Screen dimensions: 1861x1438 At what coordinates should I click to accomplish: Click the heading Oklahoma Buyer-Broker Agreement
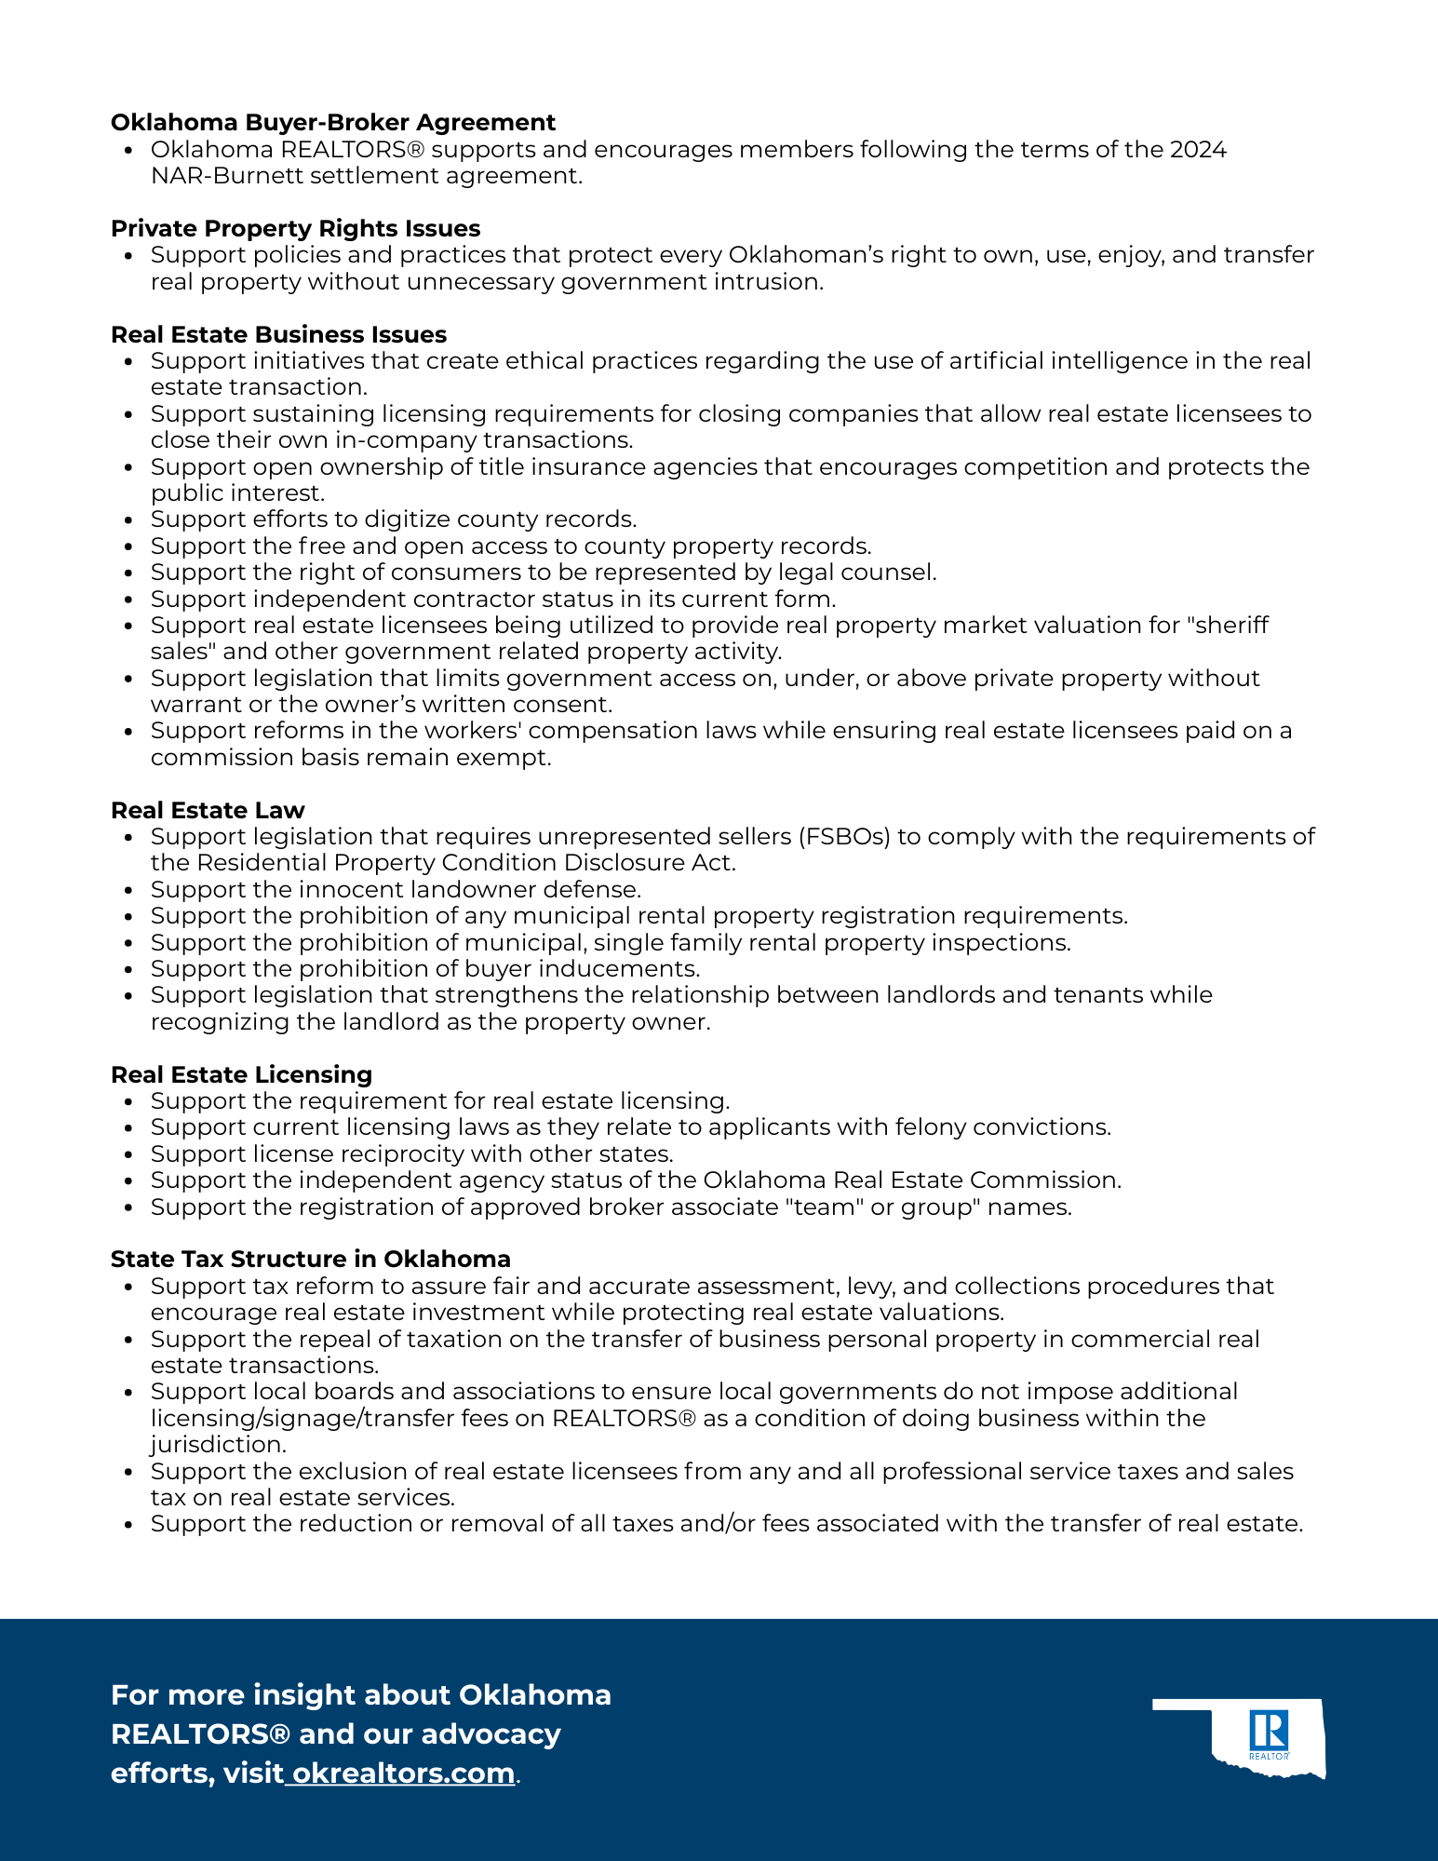pos(332,123)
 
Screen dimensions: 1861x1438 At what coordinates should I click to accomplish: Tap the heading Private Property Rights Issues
pos(295,229)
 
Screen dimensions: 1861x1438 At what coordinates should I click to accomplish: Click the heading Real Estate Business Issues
pos(278,335)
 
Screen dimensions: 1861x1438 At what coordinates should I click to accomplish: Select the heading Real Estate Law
pos(208,811)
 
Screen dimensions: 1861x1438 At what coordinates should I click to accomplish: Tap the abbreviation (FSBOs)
pos(843,837)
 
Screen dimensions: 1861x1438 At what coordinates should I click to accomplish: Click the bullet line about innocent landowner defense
pos(396,890)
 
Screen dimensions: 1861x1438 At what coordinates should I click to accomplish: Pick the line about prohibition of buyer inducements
pos(425,969)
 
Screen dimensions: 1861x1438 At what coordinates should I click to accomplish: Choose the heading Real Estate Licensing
pos(241,1075)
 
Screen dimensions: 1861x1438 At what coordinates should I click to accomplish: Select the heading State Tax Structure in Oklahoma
pos(310,1260)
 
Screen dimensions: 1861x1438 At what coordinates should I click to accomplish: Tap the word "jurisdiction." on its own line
pos(218,1445)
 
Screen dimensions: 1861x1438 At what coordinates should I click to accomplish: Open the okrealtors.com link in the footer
pos(403,1773)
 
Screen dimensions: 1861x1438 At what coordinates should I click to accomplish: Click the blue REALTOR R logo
pos(1269,1733)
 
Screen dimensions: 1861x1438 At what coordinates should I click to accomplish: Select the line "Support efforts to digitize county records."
pos(394,519)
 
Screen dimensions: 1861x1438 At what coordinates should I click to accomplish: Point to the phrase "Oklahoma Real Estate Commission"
pos(910,1180)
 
